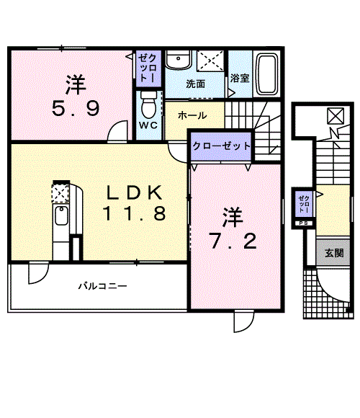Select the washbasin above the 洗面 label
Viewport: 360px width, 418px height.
[176, 59]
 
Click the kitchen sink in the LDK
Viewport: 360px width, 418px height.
[61, 216]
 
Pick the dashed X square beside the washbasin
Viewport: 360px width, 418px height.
[210, 59]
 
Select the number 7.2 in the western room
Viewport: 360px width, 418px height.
[230, 240]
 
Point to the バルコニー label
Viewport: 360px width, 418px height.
[103, 286]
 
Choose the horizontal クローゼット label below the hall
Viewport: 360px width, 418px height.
[221, 146]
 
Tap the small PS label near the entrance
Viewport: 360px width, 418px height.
[303, 223]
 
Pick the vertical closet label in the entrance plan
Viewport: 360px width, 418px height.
[304, 203]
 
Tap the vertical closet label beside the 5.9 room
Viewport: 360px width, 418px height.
[145, 67]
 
